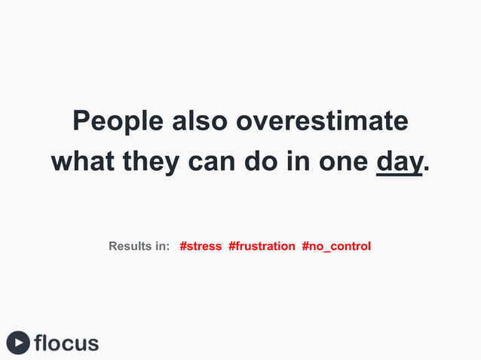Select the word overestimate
point(322,121)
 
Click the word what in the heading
point(84,161)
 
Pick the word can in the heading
point(213,161)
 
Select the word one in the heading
point(343,161)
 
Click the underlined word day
point(399,161)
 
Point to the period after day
point(427,169)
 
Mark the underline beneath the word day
point(399,174)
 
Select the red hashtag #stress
point(201,246)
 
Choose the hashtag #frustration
point(262,246)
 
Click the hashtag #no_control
point(336,246)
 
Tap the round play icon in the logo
point(18,343)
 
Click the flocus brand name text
point(66,343)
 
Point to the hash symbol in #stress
point(183,246)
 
